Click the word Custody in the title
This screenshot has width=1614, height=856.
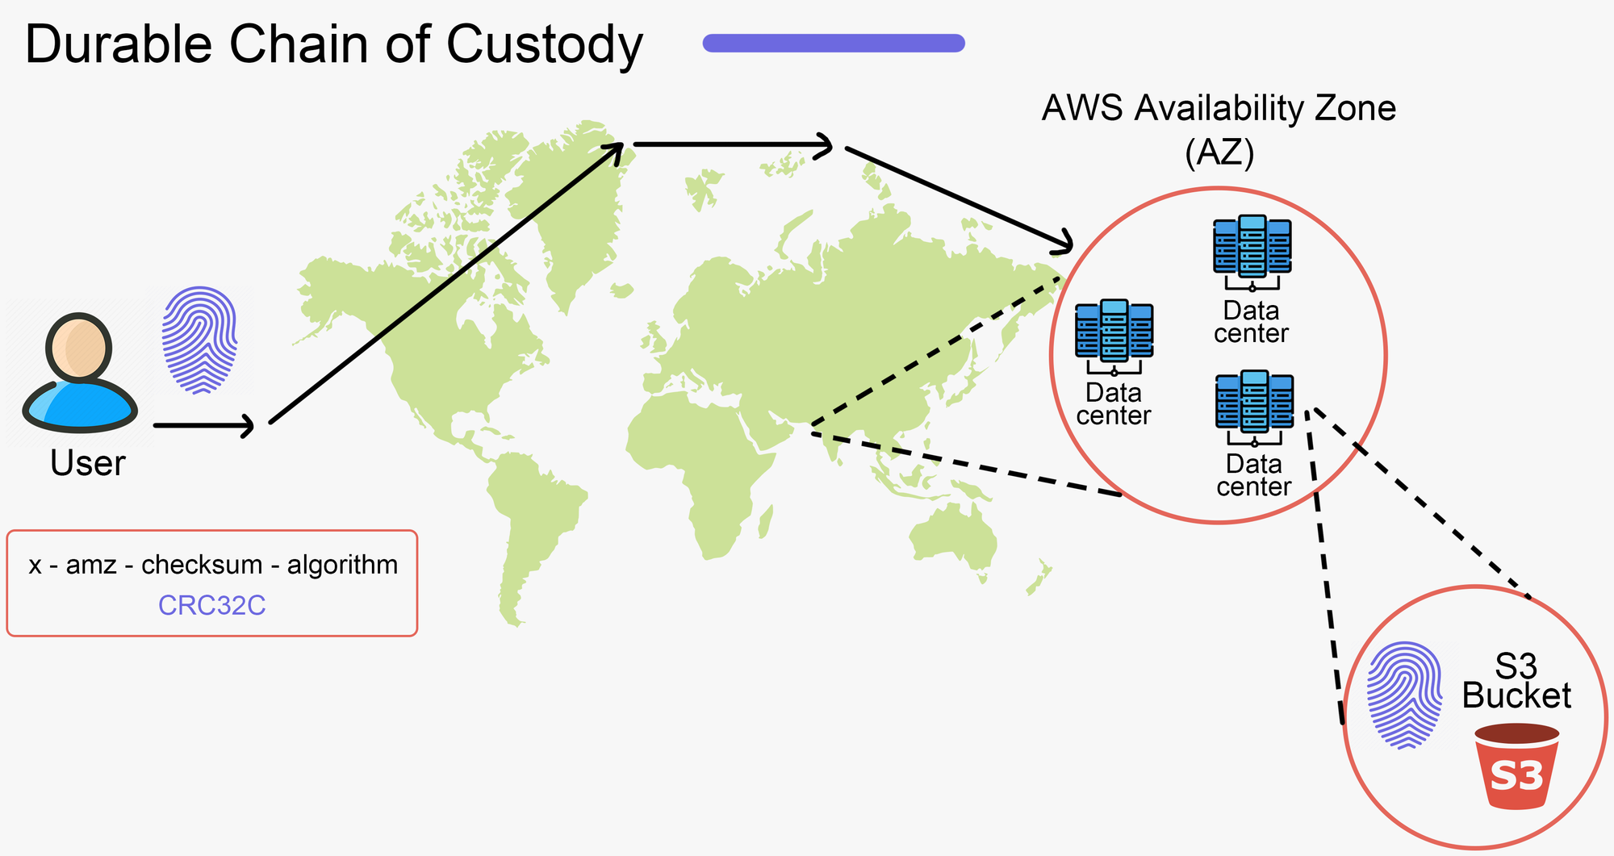(545, 44)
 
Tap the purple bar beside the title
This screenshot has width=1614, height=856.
(834, 43)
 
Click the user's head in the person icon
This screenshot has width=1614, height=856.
(79, 348)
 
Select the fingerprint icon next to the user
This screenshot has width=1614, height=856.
(200, 340)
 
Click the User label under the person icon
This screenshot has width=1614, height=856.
(87, 463)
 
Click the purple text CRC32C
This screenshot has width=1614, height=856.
(211, 605)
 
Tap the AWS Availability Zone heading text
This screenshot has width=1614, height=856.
(1219, 109)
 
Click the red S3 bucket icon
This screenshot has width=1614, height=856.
(1516, 766)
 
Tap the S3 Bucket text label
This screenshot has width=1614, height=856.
(1516, 682)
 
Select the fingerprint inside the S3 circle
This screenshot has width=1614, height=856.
(1405, 695)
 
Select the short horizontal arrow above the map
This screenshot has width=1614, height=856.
(732, 145)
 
